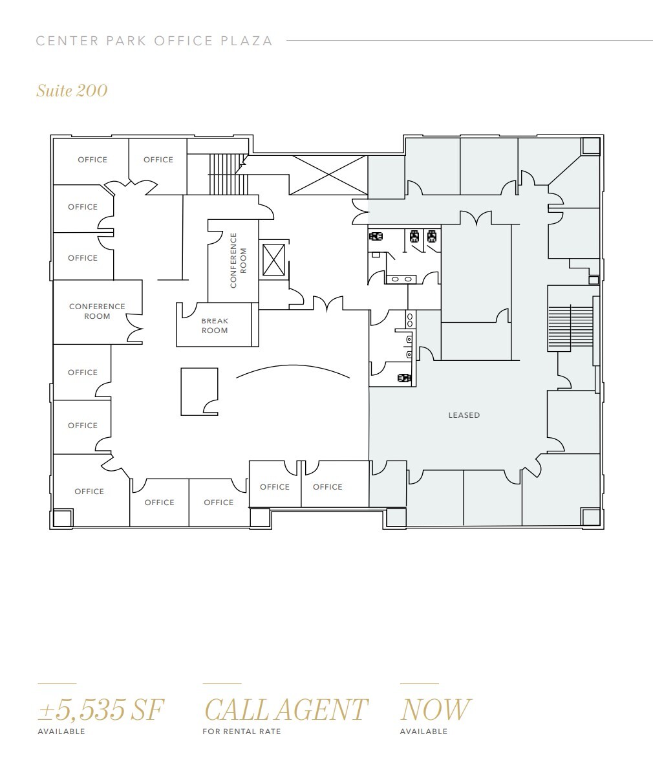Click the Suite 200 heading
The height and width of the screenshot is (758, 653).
point(72,91)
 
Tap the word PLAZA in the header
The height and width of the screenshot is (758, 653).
point(247,41)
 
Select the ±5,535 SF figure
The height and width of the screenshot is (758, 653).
point(101,709)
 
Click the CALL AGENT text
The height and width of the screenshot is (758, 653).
point(285,709)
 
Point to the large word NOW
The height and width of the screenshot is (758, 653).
point(435,709)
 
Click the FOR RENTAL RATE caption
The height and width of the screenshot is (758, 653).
point(241,731)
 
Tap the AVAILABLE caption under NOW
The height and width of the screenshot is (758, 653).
point(423,731)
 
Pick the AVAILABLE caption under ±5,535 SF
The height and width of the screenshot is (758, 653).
point(61,731)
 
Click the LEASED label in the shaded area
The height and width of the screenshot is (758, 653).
point(464,415)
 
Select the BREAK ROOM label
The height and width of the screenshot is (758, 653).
point(215,325)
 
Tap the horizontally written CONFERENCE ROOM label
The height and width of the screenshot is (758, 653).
point(97,311)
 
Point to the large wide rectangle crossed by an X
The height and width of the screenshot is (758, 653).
point(328,175)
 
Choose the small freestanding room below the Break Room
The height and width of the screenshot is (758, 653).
point(198,391)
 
